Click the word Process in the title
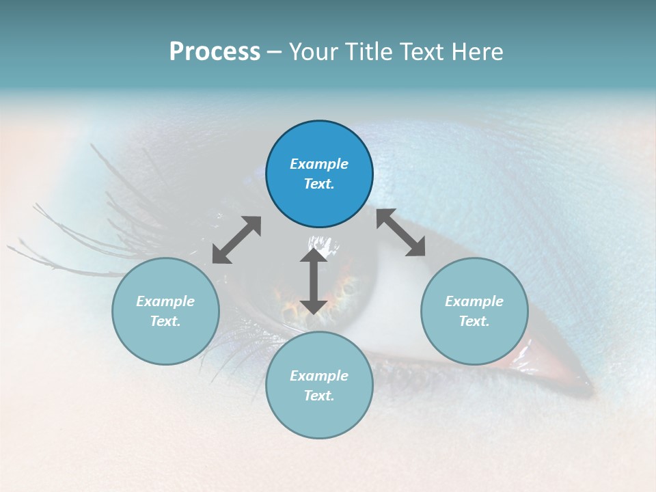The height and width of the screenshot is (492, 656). [x=215, y=52]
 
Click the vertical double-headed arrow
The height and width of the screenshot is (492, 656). [x=314, y=282]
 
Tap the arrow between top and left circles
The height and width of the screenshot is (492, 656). [x=236, y=240]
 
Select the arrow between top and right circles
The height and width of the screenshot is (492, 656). [x=400, y=232]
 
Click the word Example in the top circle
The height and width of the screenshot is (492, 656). [x=319, y=164]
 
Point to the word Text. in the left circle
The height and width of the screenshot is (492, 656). [x=165, y=321]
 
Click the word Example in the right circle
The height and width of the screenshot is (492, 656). [x=474, y=301]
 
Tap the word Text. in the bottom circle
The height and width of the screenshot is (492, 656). [x=319, y=396]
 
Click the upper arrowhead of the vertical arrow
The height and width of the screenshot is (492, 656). [x=314, y=256]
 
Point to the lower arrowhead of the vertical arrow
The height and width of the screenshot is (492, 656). [x=314, y=307]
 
